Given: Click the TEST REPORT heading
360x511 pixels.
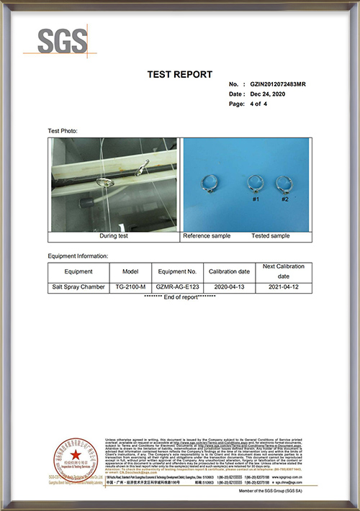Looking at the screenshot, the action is click(x=179, y=74).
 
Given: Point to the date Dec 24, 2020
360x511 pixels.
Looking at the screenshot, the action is click(x=269, y=94).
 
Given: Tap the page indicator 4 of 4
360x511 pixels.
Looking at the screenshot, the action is click(x=258, y=104).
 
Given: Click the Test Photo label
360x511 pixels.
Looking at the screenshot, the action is click(x=63, y=131).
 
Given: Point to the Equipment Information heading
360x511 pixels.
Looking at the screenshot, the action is click(x=78, y=256).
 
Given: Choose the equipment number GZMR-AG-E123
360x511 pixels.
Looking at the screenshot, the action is click(x=176, y=286).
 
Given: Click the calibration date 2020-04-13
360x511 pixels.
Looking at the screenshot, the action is click(x=229, y=286).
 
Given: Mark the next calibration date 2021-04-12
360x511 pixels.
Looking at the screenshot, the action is click(x=284, y=286).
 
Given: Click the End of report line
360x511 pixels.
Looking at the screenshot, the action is click(x=179, y=297).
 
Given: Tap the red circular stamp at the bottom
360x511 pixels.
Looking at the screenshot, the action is click(x=71, y=456).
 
